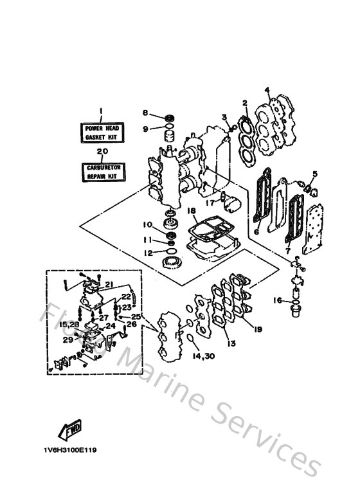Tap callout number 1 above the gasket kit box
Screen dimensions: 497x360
101,111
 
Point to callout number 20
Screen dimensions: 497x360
101,152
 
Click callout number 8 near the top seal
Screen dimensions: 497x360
145,113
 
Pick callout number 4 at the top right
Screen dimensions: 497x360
267,89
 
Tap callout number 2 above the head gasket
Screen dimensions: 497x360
244,102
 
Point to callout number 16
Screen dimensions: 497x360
277,300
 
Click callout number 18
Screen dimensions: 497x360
191,210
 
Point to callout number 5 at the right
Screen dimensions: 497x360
314,174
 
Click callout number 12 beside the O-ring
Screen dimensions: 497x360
148,253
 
